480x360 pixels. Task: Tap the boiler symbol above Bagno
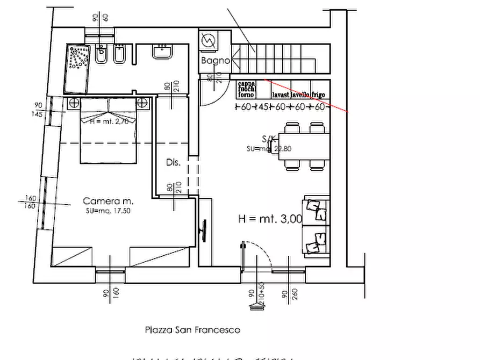(x=207, y=40)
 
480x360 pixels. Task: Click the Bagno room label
(x=215, y=61)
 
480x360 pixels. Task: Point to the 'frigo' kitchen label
(x=318, y=95)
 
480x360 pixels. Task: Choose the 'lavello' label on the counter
(x=300, y=95)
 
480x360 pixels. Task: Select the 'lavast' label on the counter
(x=281, y=95)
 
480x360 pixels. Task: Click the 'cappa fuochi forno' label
(x=246, y=89)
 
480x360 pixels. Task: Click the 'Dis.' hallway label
(x=173, y=162)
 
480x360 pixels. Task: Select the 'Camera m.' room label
(x=108, y=201)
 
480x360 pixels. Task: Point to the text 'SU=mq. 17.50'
(x=108, y=211)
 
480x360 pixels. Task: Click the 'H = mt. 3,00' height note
(x=270, y=219)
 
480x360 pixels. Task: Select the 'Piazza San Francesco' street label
(x=192, y=330)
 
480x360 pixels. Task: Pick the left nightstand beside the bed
(x=74, y=103)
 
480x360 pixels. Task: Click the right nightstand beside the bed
(x=142, y=103)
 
